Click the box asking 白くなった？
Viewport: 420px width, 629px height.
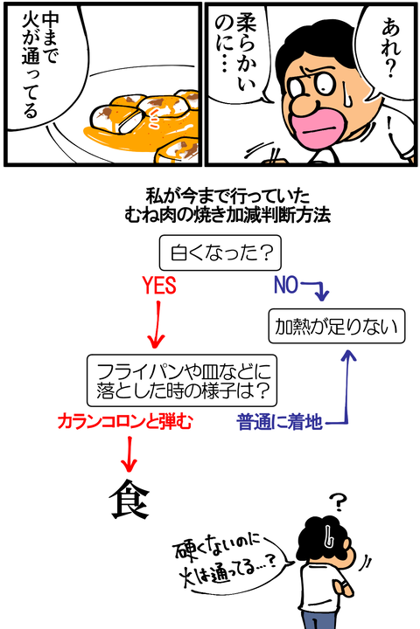220,252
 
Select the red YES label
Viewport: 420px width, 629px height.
159,286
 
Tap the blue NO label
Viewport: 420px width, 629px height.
286,285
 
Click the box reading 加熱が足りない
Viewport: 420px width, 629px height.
336,326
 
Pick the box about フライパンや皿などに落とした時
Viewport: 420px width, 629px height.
182,380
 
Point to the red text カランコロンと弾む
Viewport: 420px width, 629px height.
125,422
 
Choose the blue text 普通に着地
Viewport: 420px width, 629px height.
280,423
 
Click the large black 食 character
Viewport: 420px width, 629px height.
129,499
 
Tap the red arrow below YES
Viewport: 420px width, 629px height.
157,325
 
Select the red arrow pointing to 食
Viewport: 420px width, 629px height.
129,454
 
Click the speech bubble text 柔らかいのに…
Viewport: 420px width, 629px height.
235,53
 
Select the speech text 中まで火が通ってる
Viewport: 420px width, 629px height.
39,64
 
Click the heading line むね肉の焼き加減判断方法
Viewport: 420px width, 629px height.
227,216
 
